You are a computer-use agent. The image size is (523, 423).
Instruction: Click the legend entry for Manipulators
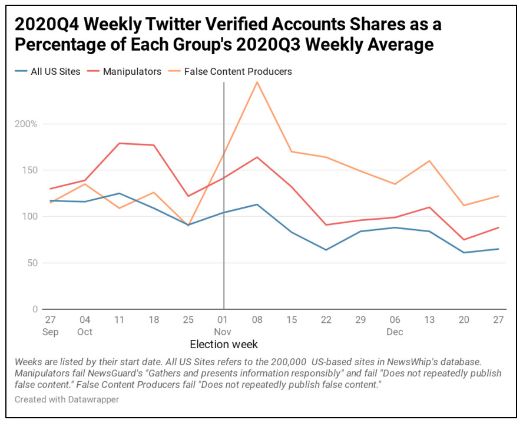[x=131, y=72]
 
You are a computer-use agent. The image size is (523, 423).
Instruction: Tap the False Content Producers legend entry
[x=237, y=72]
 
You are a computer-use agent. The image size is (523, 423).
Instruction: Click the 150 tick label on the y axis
[x=29, y=170]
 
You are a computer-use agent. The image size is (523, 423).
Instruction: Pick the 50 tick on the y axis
[x=32, y=263]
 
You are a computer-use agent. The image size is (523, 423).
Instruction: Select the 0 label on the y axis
[x=35, y=309]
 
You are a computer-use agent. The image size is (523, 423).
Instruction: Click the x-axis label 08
[x=257, y=319]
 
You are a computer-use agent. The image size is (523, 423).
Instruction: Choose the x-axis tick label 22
[x=325, y=319]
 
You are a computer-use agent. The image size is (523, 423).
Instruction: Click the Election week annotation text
[x=224, y=344]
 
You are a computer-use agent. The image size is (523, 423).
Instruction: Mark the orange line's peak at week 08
[x=257, y=82]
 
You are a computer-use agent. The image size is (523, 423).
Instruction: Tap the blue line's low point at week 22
[x=325, y=250]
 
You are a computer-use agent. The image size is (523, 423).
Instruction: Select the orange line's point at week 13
[x=430, y=161]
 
